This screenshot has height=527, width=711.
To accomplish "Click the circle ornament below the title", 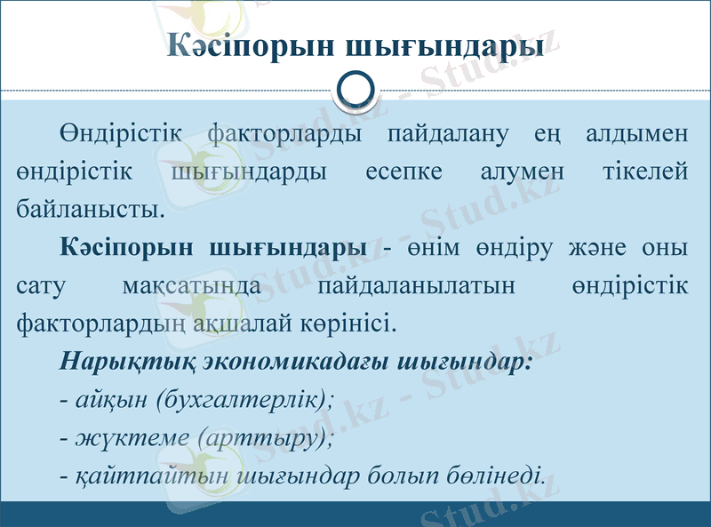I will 358,90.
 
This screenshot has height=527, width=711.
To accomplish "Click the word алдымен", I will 638,135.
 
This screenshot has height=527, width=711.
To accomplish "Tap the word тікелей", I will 644,172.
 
